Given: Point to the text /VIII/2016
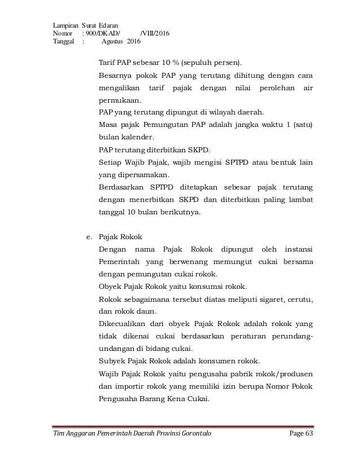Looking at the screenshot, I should pos(153,33).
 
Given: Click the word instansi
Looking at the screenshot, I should pos(298,249).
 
